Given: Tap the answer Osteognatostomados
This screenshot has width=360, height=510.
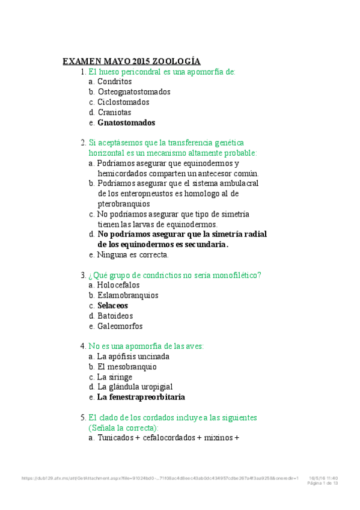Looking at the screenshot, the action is [x=133, y=92].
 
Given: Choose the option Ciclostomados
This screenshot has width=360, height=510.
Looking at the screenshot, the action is [x=123, y=102].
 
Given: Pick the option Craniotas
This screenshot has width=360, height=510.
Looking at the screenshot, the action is [x=114, y=112].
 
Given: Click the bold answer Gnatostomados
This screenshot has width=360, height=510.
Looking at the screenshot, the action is [x=126, y=123].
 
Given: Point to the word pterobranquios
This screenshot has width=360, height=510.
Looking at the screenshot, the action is [x=124, y=204].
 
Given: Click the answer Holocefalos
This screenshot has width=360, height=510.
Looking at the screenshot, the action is [x=118, y=285].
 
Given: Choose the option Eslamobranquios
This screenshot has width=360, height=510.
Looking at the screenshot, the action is [x=127, y=295].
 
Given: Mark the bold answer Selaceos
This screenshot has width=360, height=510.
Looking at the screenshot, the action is [x=112, y=306].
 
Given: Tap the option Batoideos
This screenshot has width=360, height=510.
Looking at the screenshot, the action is [x=115, y=316].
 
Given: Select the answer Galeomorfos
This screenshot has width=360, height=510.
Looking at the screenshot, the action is [x=120, y=326].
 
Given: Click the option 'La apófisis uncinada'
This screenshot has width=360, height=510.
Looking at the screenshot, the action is [x=133, y=357].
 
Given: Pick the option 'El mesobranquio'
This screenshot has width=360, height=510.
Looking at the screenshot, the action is [x=126, y=367].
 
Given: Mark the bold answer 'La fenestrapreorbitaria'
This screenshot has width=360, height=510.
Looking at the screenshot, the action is [x=141, y=398].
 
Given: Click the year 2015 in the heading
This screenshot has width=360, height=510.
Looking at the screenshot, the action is [x=138, y=61].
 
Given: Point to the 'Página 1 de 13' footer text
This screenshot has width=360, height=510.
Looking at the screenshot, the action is [x=323, y=483].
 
